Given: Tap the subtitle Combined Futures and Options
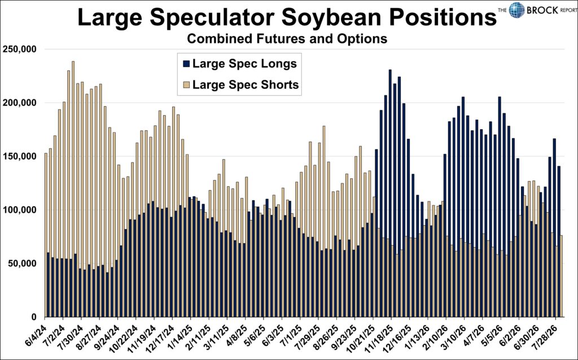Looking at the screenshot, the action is [287, 39].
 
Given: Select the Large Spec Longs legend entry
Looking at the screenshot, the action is [240, 63].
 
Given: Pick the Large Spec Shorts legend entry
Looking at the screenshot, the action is [241, 85].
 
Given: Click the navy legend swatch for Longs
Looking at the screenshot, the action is [186, 64].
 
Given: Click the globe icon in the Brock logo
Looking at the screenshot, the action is [516, 10].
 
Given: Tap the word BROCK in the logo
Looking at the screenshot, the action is [542, 10].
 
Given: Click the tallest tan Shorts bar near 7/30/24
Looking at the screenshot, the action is [73, 189].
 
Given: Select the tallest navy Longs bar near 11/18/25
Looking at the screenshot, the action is [390, 193].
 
